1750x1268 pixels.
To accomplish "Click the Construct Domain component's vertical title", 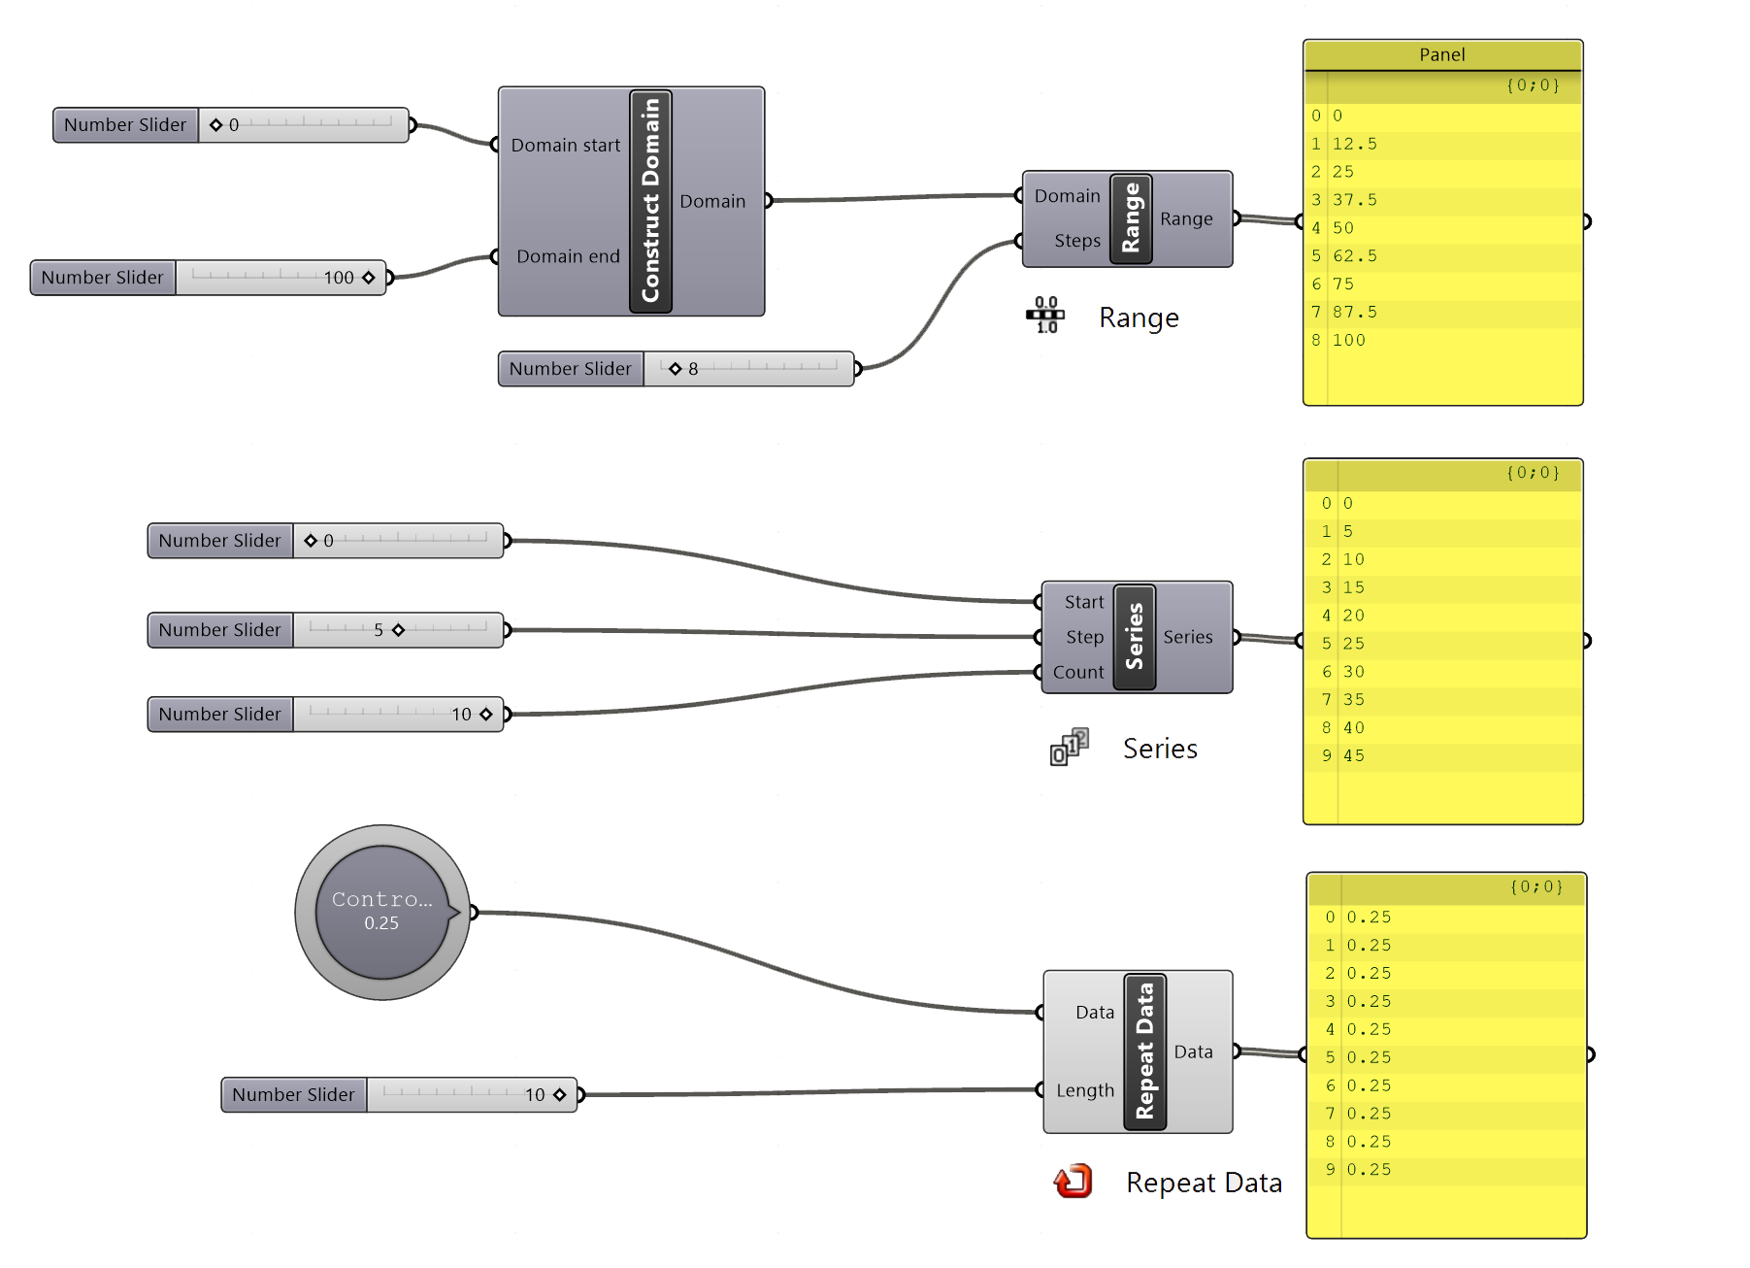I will [650, 201].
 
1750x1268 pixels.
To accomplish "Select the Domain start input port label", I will [565, 146].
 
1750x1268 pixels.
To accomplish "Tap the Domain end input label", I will [568, 256].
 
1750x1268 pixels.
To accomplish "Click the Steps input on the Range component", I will [1076, 241].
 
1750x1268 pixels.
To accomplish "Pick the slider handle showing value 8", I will [676, 369].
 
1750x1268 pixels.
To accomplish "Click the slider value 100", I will [339, 278].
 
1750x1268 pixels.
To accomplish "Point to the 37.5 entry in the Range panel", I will [1354, 200].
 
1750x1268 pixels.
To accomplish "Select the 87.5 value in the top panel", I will [1354, 313].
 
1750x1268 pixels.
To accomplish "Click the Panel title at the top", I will [1441, 55].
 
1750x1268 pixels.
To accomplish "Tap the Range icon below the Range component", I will [1045, 316].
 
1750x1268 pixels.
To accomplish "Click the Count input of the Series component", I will [1078, 672].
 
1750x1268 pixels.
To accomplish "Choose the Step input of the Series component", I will [1084, 637].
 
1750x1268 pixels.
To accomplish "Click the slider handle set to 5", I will [398, 630].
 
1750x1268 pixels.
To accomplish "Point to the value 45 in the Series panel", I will [1354, 755].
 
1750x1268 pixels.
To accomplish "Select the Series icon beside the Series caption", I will [1069, 747].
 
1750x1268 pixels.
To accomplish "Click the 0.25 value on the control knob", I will [381, 923].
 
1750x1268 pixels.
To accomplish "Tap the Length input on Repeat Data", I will [1084, 1090].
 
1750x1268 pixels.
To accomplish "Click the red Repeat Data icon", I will [1073, 1182].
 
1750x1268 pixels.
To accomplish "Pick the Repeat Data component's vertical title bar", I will [1144, 1051].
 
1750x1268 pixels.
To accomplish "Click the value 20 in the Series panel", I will [1354, 616].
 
